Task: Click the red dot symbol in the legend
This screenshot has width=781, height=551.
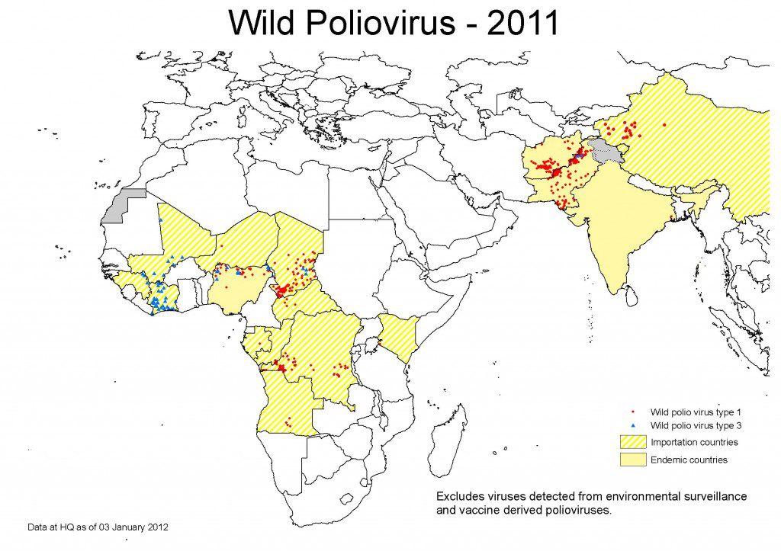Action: [634, 412]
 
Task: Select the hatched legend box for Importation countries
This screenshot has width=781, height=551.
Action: [635, 442]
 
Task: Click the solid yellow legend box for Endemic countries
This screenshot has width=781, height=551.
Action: [635, 460]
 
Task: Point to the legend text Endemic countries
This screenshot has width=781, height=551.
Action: [689, 460]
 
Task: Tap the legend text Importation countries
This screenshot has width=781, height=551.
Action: [693, 442]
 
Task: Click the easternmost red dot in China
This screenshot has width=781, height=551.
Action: [664, 125]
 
